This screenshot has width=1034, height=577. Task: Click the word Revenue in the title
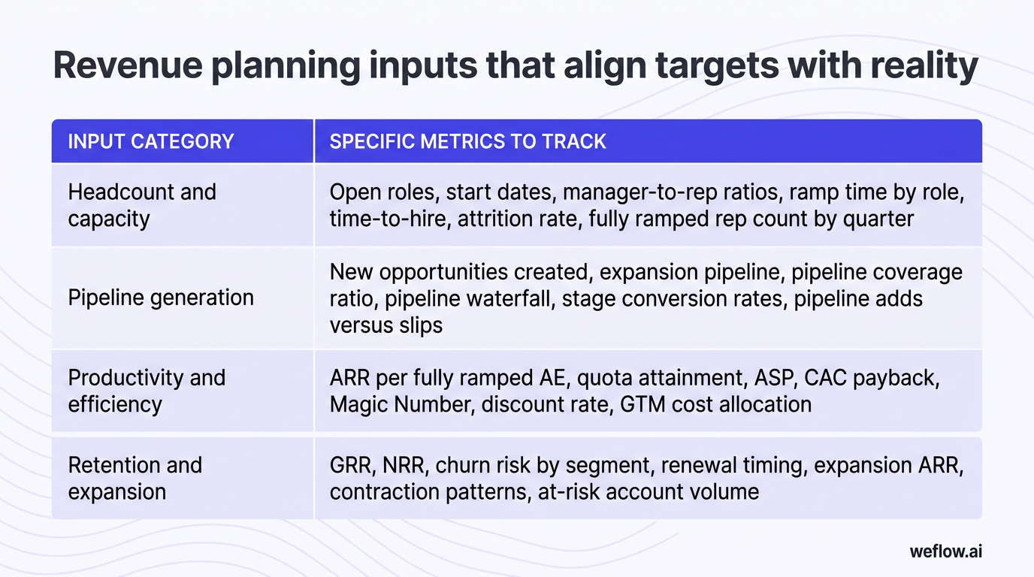tap(128, 65)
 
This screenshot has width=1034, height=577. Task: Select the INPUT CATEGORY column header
tap(151, 141)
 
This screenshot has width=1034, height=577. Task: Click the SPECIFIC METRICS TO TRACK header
tap(467, 141)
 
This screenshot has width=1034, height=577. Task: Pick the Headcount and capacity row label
tap(142, 205)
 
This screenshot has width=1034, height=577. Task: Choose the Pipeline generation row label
tap(161, 298)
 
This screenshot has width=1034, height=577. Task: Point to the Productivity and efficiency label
tap(147, 391)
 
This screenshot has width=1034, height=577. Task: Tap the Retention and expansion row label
tap(135, 478)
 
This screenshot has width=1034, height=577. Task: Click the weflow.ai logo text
tap(946, 551)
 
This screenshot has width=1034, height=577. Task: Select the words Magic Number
tap(401, 404)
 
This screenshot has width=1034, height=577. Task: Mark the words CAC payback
tap(872, 379)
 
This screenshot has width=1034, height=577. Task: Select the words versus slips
tap(386, 325)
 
